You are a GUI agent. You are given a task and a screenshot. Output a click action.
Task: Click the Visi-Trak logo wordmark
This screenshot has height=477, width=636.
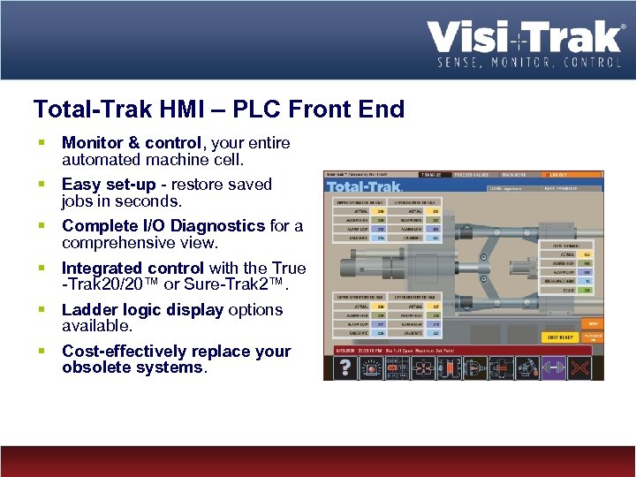526,38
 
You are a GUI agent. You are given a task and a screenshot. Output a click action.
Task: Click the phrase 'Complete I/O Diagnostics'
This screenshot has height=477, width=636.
163,225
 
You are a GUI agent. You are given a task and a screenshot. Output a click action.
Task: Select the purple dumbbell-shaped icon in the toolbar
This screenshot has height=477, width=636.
556,367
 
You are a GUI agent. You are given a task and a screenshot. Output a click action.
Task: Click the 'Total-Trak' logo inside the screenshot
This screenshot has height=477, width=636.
365,187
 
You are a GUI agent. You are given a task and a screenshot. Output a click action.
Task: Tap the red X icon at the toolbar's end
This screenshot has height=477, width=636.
587,367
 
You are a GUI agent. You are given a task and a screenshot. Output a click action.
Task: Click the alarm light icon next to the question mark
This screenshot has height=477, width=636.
371,367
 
